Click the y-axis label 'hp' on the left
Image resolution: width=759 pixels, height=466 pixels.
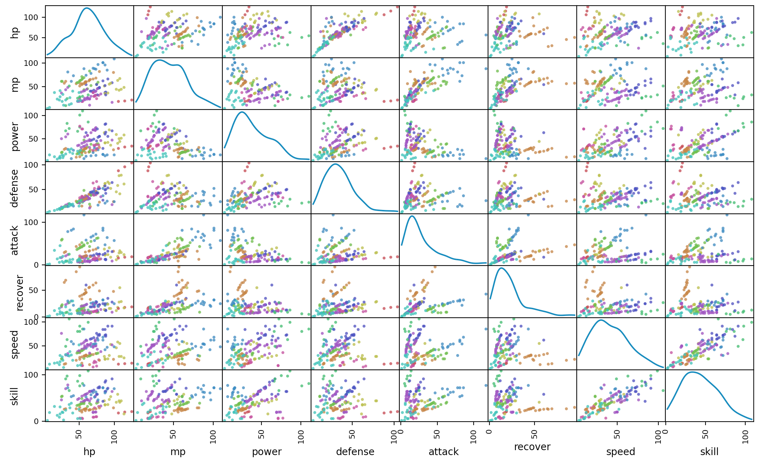pyautogui.click(x=15, y=32)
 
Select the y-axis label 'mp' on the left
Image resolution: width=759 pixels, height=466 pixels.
pyautogui.click(x=15, y=84)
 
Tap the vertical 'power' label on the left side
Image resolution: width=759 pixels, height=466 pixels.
pyautogui.click(x=15, y=136)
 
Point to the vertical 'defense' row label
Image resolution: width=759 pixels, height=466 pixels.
pyautogui.click(x=15, y=188)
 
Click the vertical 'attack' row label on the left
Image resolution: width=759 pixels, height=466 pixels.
pyautogui.click(x=15, y=240)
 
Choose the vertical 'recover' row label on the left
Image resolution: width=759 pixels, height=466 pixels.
pyautogui.click(x=19, y=292)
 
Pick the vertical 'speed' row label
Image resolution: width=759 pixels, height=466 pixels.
pyautogui.click(x=15, y=344)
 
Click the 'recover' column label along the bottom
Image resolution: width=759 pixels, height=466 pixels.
pyautogui.click(x=532, y=447)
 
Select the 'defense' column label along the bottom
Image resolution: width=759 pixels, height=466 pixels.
pyautogui.click(x=355, y=452)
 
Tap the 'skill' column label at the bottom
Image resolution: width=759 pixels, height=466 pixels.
pyautogui.click(x=709, y=452)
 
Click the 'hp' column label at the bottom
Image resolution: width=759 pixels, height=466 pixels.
pyautogui.click(x=89, y=452)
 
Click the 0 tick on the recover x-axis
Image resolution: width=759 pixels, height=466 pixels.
pyautogui.click(x=489, y=431)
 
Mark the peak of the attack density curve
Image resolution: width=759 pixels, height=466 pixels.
pyautogui.click(x=412, y=216)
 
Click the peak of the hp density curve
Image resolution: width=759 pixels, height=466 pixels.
pyautogui.click(x=87, y=8)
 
